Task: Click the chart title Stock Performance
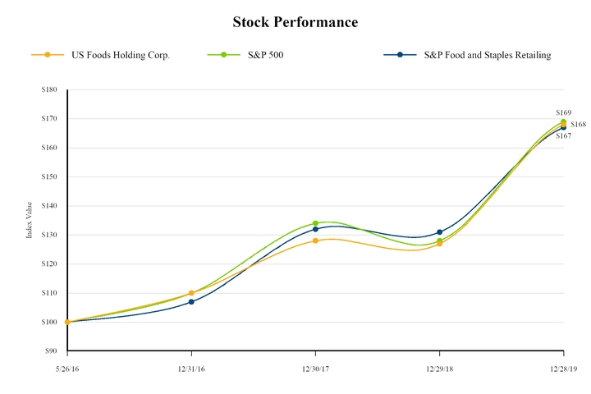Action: pyautogui.click(x=295, y=22)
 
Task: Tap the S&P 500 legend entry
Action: pyautogui.click(x=266, y=55)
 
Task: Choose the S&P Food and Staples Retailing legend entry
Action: pyautogui.click(x=486, y=55)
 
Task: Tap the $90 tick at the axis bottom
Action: pyautogui.click(x=51, y=351)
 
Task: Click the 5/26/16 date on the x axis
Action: pyautogui.click(x=67, y=370)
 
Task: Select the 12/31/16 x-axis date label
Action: pyautogui.click(x=191, y=370)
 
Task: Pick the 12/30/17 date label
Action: pyautogui.click(x=315, y=370)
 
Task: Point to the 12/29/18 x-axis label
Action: pyautogui.click(x=439, y=370)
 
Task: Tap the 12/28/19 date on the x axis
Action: pyautogui.click(x=563, y=370)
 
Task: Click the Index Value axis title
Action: pyautogui.click(x=30, y=221)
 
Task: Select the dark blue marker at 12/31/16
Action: pyautogui.click(x=191, y=302)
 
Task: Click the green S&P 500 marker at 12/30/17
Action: pyautogui.click(x=315, y=223)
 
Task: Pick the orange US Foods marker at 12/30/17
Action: pyautogui.click(x=315, y=241)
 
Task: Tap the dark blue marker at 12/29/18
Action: pyautogui.click(x=440, y=232)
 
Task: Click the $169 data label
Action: pyautogui.click(x=563, y=112)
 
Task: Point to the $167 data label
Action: pyautogui.click(x=563, y=135)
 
